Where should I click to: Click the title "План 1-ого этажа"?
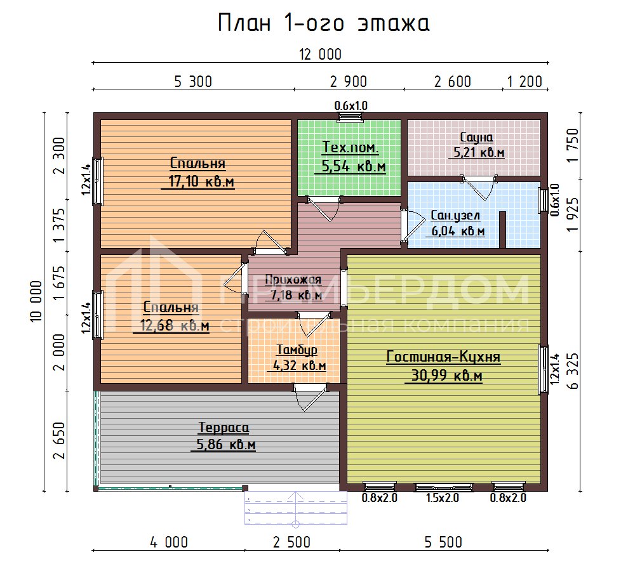(324, 23)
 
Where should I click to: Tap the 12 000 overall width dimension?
(321, 55)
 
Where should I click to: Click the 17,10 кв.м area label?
(197, 183)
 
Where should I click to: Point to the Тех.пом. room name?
(350, 148)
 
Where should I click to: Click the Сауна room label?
(478, 137)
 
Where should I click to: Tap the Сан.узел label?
(455, 214)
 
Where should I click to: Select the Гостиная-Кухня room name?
(443, 357)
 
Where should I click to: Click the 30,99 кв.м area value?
(443, 376)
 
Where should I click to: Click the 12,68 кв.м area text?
(171, 326)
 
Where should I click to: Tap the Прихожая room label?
(293, 279)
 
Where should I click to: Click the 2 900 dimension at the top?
(348, 81)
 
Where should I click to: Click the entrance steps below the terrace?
(297, 508)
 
